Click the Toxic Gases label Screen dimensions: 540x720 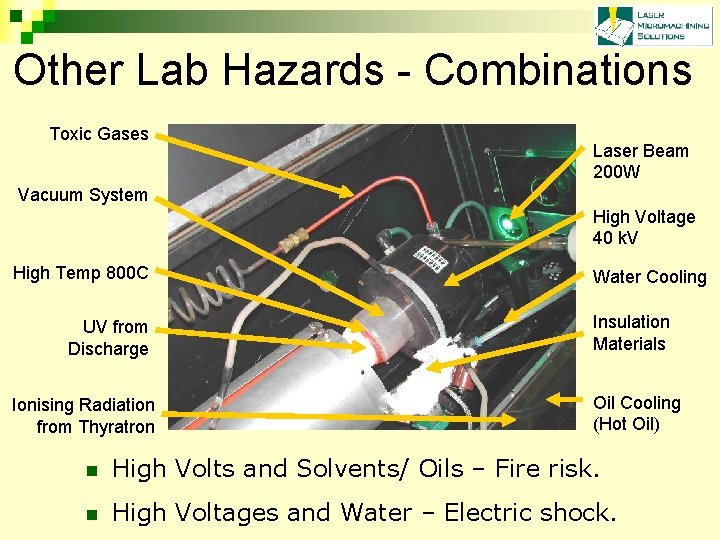click(x=99, y=134)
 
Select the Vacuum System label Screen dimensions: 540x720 click(x=83, y=195)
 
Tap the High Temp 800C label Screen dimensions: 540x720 click(x=80, y=273)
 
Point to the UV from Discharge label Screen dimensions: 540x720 click(x=108, y=338)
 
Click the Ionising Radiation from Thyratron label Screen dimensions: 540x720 click(x=84, y=416)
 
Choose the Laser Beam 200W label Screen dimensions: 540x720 click(x=640, y=161)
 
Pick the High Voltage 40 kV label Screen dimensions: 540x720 click(x=643, y=227)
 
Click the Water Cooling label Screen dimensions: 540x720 click(x=649, y=277)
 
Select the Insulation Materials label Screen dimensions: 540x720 click(x=631, y=333)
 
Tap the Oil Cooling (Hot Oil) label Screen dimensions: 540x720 click(x=636, y=413)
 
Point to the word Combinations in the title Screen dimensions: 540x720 click(x=558, y=71)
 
